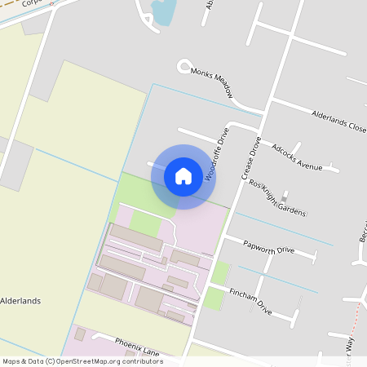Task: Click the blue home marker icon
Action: pyautogui.click(x=183, y=176)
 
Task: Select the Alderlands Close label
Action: pyautogui.click(x=338, y=122)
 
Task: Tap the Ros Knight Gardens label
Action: pyautogui.click(x=277, y=198)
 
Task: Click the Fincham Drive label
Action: pyautogui.click(x=250, y=301)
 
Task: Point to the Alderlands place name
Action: pyautogui.click(x=20, y=300)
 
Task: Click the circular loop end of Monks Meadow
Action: pyautogui.click(x=184, y=66)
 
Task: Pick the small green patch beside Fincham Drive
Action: pyautogui.click(x=214, y=298)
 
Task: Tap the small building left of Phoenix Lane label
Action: pyautogui.click(x=80, y=334)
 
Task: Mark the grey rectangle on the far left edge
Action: pyautogui.click(x=15, y=164)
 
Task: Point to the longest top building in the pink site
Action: pyautogui.click(x=136, y=238)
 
